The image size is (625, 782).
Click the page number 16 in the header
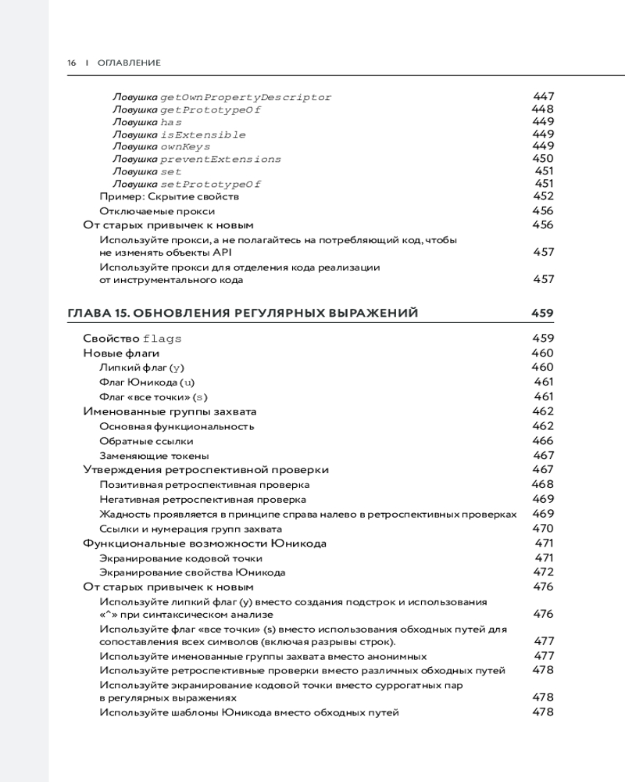[x=71, y=63]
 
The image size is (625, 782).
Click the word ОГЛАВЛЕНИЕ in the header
[x=129, y=63]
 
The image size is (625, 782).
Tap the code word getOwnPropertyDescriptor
[x=245, y=98]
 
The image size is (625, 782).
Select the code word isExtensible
[x=202, y=135]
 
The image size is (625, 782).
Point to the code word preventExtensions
[x=220, y=159]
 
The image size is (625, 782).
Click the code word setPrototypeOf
[x=210, y=184]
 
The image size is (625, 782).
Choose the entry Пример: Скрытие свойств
[x=163, y=197]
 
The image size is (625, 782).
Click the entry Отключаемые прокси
[x=157, y=211]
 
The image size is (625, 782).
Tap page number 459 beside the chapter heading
[x=542, y=314]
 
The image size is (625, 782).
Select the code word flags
[x=162, y=339]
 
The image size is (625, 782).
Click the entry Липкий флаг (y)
[x=141, y=367]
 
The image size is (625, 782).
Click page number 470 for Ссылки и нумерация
[x=543, y=529]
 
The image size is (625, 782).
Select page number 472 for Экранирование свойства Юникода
[x=543, y=572]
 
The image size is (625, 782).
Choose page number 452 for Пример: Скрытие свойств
[x=543, y=197]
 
